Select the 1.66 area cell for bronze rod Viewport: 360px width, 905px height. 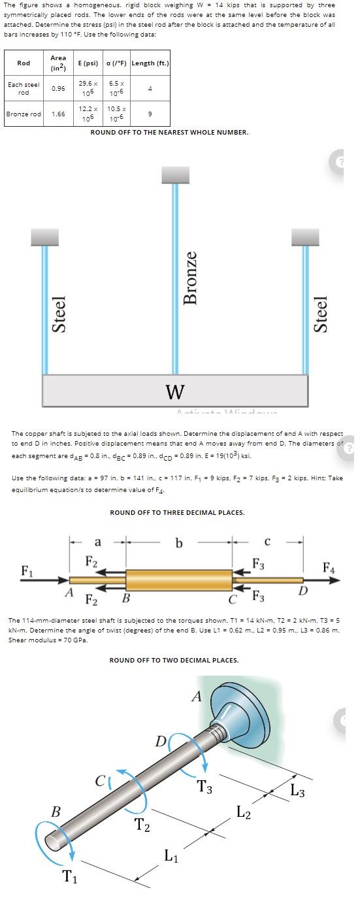pos(58,114)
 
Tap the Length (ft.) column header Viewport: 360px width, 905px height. pos(150,63)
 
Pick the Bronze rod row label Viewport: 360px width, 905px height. pos(24,114)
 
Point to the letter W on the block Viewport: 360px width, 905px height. pos(174,391)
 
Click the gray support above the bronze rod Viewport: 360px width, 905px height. pos(174,174)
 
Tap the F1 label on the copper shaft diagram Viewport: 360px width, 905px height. pos(27,570)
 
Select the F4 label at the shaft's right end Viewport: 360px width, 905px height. pos(329,568)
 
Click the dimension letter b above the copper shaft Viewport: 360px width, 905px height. pos(179,542)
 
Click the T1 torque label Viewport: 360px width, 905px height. pos(69,877)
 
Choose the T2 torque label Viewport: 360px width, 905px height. pos(142,825)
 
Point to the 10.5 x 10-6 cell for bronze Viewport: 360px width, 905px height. pos(116,114)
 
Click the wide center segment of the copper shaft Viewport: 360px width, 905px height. pos(179,580)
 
